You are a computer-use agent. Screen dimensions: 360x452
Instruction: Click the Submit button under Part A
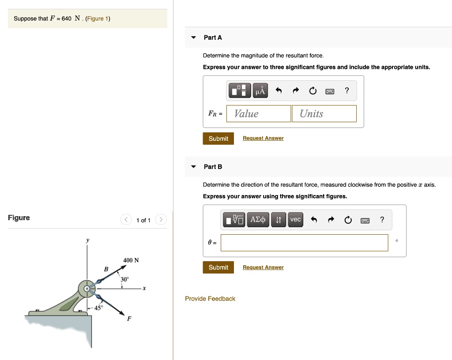coord(218,139)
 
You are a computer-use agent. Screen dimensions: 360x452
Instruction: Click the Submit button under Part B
coord(218,267)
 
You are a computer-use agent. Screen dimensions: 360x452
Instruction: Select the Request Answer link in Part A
coord(263,139)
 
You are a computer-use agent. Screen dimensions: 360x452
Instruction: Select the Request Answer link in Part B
coord(263,267)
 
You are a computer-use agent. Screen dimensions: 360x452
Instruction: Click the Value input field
coord(259,114)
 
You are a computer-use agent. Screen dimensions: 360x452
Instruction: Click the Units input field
coord(324,114)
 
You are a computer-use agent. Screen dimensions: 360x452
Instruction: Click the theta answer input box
coord(304,243)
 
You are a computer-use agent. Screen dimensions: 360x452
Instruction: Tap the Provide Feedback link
coord(210,299)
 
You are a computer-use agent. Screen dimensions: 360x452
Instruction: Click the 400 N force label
coord(131,260)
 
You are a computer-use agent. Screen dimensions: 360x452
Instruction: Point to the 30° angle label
coord(125,279)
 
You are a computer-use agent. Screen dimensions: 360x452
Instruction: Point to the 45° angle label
coord(98,308)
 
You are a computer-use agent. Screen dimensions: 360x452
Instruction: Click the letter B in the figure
coord(106,269)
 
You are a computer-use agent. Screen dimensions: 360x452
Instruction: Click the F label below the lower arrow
coord(129,319)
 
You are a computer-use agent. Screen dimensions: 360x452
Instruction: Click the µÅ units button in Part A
coord(260,91)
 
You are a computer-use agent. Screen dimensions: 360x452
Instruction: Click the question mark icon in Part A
coord(347,91)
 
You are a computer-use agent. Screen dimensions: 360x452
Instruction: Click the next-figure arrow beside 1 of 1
coord(161,220)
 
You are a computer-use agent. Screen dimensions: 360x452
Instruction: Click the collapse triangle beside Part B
coord(193,167)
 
